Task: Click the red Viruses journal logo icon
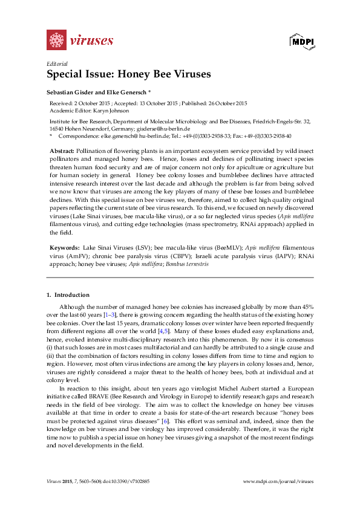56,40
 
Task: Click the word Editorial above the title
57,63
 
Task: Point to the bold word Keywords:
63,248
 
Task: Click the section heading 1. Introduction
68,295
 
